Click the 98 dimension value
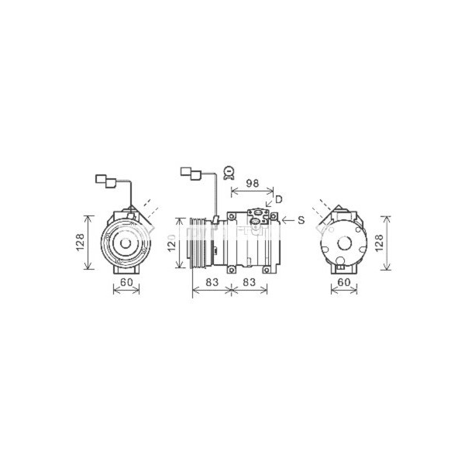251,183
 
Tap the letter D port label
278,201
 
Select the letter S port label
301,221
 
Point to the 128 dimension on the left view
81,243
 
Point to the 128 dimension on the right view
379,243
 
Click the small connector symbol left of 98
228,173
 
